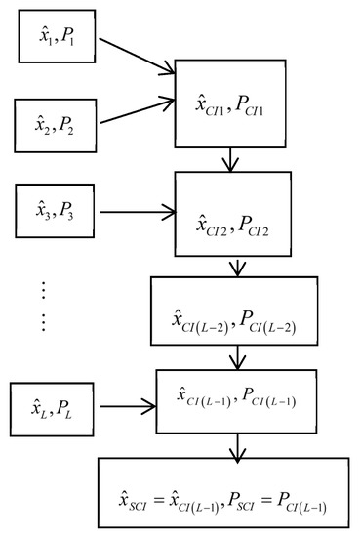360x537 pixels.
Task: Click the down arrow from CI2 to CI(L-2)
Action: click(235, 267)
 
